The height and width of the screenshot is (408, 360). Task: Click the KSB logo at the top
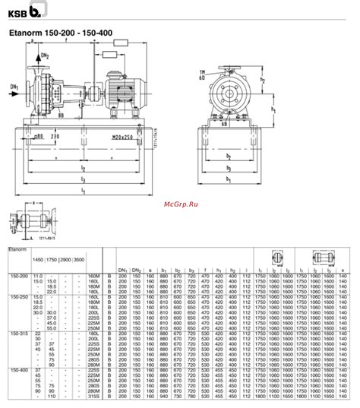23,11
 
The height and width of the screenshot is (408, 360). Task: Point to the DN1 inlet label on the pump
14,86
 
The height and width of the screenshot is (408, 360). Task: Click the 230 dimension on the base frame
55,136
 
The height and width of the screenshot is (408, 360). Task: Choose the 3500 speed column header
80,261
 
